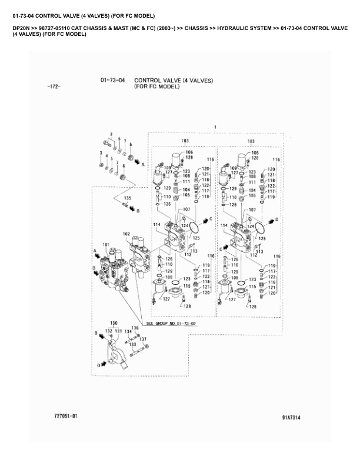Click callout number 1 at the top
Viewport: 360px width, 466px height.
pos(215,127)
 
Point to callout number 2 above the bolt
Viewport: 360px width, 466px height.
pos(111,135)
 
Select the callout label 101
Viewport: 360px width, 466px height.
pos(106,245)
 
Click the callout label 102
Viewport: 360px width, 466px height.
pos(126,234)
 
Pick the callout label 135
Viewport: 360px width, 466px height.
pos(126,198)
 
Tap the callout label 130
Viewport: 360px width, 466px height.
pos(114,323)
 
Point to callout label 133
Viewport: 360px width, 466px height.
pos(132,344)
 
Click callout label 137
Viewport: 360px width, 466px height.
pos(142,339)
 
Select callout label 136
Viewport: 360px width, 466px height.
pos(135,328)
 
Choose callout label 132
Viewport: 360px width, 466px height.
pos(108,331)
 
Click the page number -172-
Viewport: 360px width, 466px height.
pos(54,87)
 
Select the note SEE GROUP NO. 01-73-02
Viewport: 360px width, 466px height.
pos(171,324)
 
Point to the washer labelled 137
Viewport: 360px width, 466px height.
pos(141,345)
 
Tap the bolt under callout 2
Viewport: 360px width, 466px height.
pos(106,142)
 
